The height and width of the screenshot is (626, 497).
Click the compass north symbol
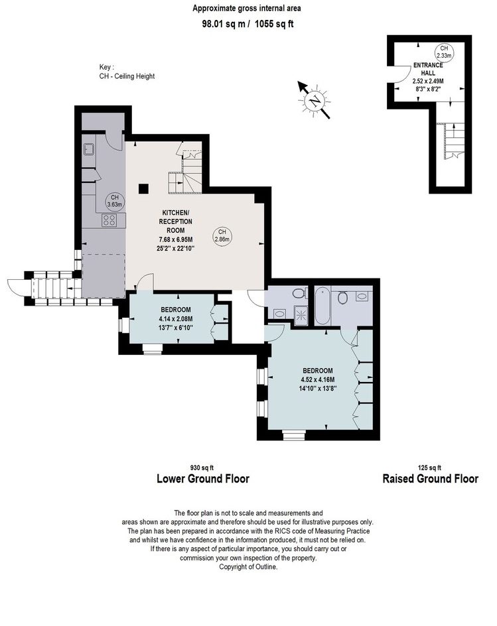(x=315, y=100)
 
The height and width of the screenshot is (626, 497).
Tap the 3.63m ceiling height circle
(x=115, y=201)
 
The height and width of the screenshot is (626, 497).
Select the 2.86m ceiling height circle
(x=222, y=236)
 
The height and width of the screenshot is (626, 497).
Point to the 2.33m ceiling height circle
(x=444, y=52)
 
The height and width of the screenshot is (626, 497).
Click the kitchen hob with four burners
(x=109, y=220)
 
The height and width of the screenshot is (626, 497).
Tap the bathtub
(x=322, y=307)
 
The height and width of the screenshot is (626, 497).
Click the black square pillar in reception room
(x=143, y=188)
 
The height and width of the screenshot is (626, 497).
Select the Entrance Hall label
(x=428, y=69)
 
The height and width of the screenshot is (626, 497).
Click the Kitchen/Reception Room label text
(x=176, y=221)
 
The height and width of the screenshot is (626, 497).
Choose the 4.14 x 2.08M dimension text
(x=176, y=319)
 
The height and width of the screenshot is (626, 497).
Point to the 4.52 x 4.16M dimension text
(x=318, y=380)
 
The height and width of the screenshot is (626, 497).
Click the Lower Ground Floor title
(x=203, y=479)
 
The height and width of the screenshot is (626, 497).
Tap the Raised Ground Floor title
(x=430, y=479)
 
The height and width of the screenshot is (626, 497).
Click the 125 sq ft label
(x=429, y=468)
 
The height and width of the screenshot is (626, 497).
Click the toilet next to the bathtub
(x=342, y=297)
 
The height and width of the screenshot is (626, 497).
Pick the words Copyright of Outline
(x=248, y=567)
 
